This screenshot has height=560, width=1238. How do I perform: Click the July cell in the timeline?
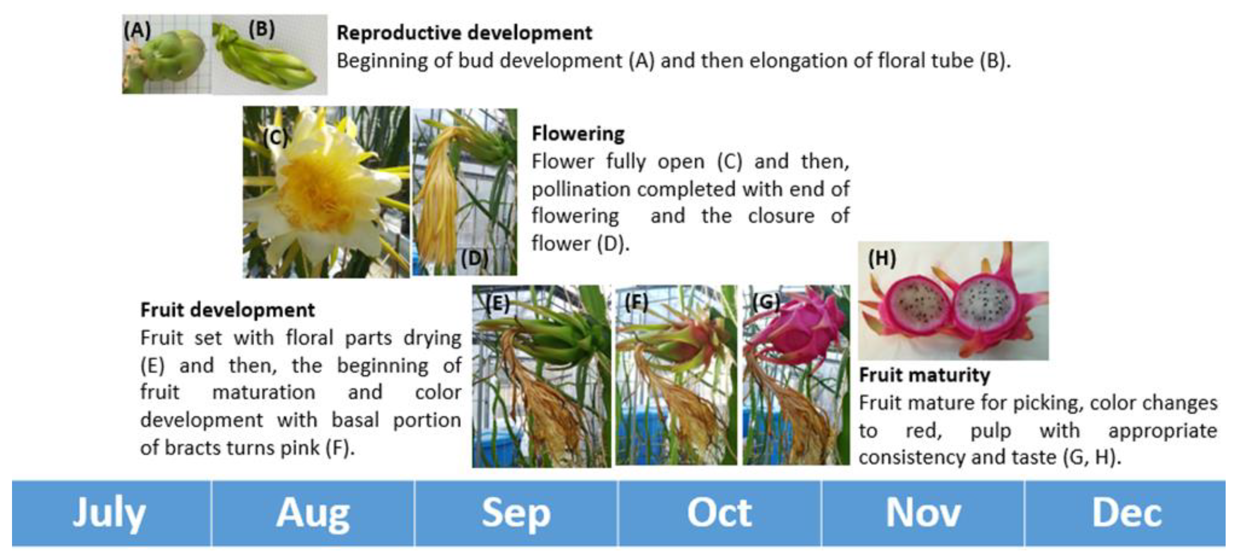pos(111,513)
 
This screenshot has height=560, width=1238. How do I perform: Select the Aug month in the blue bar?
pos(313,513)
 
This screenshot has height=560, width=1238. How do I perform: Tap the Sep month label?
pos(516,513)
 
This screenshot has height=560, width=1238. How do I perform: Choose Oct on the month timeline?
pos(719,513)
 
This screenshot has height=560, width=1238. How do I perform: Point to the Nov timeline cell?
pos(923,513)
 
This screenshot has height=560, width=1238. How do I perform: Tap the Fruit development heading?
pos(227,310)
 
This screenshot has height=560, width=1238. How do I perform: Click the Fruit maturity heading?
pos(925,375)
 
